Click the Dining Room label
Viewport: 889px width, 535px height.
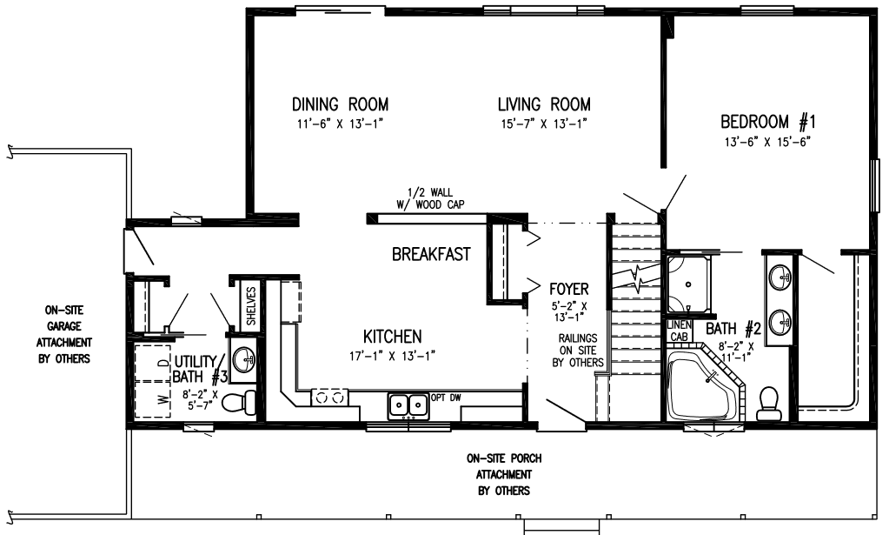click(x=340, y=104)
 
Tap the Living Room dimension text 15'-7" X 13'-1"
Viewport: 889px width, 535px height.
click(x=544, y=124)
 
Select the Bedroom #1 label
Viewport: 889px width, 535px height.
click(x=767, y=122)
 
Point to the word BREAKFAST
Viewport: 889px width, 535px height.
click(x=431, y=254)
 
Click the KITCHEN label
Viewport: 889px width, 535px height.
click(x=392, y=337)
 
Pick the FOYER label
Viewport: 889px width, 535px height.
click(x=568, y=289)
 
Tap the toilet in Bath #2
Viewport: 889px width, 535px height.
click(x=767, y=404)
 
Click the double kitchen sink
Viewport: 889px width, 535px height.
click(x=408, y=405)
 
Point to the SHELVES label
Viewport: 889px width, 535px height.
click(x=251, y=306)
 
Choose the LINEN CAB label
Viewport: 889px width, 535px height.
click(x=679, y=331)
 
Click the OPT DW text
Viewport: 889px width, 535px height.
click(x=446, y=398)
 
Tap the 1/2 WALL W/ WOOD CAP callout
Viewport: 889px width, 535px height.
click(x=431, y=198)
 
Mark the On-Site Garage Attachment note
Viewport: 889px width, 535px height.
click(x=64, y=335)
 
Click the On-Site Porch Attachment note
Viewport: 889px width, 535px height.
click(x=504, y=474)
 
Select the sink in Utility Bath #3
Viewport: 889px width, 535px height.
click(x=244, y=357)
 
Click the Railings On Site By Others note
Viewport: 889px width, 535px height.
click(x=578, y=351)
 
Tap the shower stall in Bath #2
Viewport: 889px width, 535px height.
click(x=688, y=284)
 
